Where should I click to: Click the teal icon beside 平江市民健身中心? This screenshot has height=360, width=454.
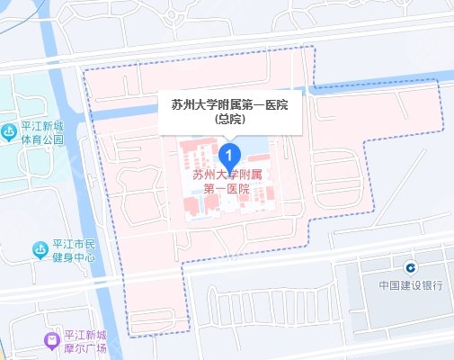pos(40,249)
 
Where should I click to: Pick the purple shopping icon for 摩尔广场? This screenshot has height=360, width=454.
pos(52,341)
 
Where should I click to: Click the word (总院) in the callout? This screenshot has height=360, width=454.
pos(229,119)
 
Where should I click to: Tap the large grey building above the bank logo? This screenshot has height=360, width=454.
pos(396,243)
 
